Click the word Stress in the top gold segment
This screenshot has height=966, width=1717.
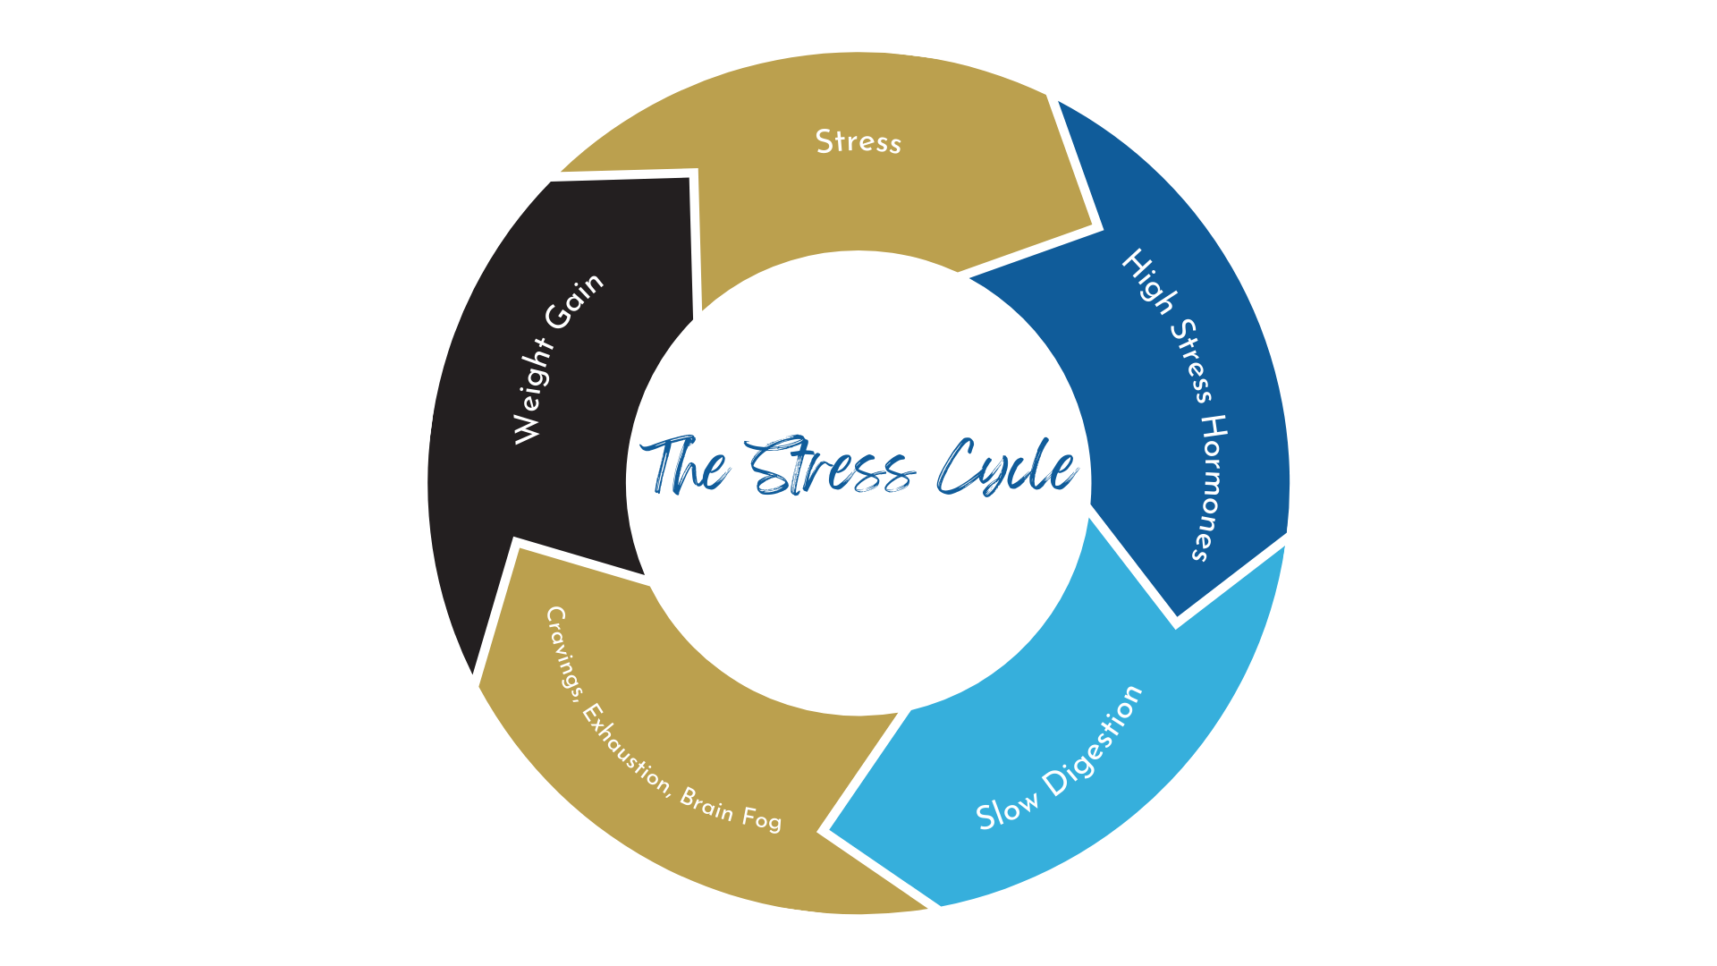858,142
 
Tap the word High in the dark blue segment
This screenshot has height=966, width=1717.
1148,282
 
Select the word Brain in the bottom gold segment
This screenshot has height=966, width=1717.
707,805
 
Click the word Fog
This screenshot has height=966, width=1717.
761,818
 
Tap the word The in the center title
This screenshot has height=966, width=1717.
685,466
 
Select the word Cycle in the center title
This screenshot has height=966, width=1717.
1006,468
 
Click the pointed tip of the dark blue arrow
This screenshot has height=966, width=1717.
1177,620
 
